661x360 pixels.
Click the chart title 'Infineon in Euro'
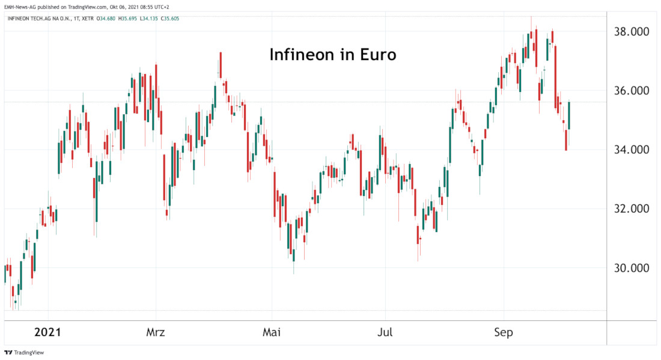click(332, 55)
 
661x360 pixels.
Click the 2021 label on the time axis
click(48, 332)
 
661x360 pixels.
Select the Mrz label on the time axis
click(156, 332)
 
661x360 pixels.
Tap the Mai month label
click(272, 332)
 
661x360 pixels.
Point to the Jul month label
click(385, 332)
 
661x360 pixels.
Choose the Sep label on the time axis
click(503, 332)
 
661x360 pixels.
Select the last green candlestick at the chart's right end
click(569, 115)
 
